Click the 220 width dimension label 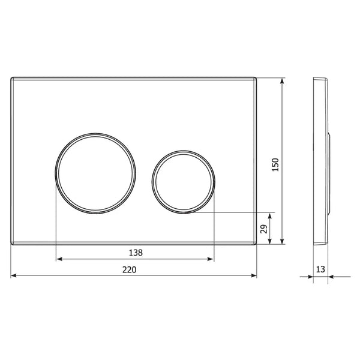(x=129, y=269)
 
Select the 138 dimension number (x=136, y=253)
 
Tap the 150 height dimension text (x=275, y=164)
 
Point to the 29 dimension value (x=264, y=229)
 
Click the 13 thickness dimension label (x=320, y=269)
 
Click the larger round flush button (x=95, y=173)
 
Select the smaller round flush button (x=183, y=182)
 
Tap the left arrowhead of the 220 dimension (x=14, y=275)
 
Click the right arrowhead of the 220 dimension (x=254, y=275)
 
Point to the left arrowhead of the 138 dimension (x=59, y=259)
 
